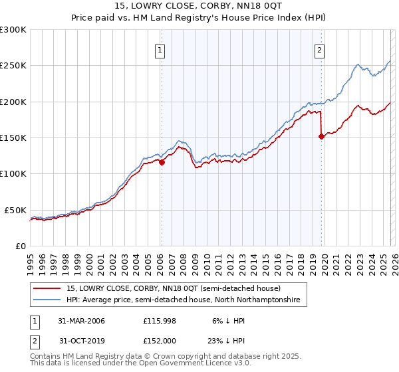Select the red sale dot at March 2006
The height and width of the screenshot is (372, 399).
[162, 161]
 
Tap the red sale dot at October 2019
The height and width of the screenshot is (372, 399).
[321, 136]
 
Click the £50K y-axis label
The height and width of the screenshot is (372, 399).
[16, 210]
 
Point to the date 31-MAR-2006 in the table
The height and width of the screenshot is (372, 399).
[82, 321]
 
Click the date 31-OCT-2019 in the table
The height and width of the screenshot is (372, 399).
[82, 341]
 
